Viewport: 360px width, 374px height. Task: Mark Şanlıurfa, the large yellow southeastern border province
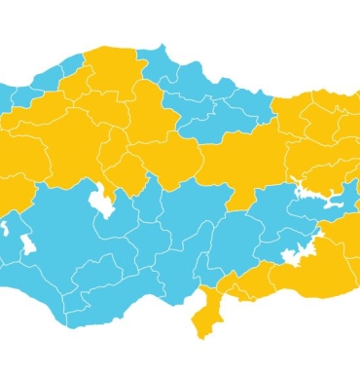[311, 278]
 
